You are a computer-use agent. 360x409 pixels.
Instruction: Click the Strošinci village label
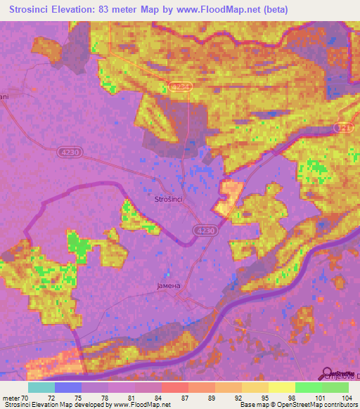(x=169, y=200)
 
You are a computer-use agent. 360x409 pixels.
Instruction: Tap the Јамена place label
(x=169, y=286)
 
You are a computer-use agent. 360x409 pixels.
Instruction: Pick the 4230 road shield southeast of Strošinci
(x=204, y=230)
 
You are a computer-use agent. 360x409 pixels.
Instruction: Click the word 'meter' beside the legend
(x=13, y=398)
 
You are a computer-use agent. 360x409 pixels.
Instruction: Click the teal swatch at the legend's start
(x=41, y=387)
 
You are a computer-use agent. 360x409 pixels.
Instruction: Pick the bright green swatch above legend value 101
(x=308, y=387)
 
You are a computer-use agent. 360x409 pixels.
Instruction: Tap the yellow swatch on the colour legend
(x=281, y=387)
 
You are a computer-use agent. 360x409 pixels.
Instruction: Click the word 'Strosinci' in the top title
(x=31, y=11)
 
